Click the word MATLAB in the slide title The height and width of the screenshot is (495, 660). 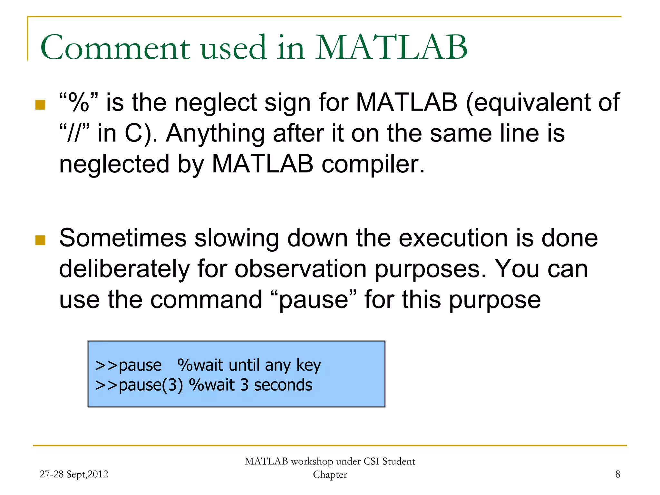(x=391, y=48)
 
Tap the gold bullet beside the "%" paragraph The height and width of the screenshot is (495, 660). (x=40, y=105)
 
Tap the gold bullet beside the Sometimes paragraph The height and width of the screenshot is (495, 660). (x=40, y=240)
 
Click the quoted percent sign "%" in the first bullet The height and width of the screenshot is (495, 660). (x=79, y=102)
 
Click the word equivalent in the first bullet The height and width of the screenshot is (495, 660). (x=527, y=103)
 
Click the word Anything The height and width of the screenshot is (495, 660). (x=215, y=133)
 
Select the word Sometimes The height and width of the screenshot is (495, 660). (x=123, y=238)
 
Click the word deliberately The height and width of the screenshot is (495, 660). (x=124, y=269)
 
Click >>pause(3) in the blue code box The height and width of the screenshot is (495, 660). (x=139, y=385)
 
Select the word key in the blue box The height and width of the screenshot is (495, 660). (x=308, y=365)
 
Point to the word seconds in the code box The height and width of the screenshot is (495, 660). (x=283, y=385)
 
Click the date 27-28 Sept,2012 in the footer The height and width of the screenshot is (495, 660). (x=74, y=474)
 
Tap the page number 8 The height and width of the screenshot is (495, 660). (x=617, y=474)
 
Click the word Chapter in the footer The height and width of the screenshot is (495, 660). (x=330, y=475)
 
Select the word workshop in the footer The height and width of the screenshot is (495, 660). (x=312, y=461)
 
